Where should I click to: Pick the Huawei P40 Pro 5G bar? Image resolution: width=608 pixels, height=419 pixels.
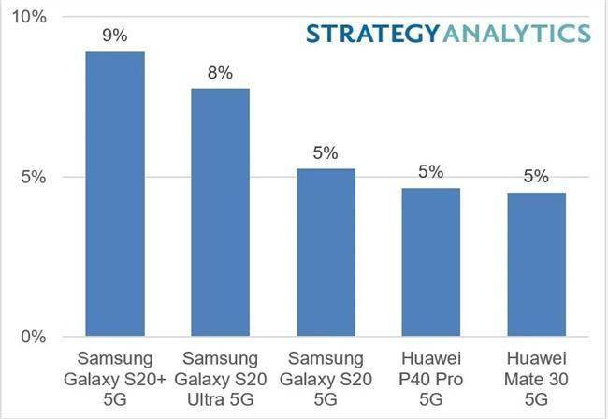click(431, 262)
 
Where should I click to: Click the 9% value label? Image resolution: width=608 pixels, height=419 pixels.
click(115, 36)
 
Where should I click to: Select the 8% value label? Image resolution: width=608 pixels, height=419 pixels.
click(221, 73)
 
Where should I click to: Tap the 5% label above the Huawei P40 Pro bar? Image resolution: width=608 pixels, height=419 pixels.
click(431, 172)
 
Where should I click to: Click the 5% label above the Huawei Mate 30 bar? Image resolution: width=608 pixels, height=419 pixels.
click(537, 177)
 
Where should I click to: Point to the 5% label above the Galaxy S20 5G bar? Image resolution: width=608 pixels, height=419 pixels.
click(326, 153)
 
